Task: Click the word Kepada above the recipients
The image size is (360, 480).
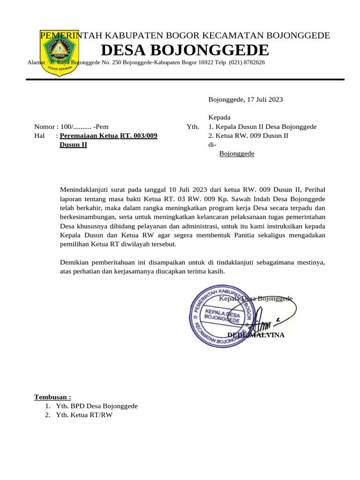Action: tap(219, 117)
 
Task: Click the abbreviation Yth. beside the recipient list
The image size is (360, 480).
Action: tap(193, 127)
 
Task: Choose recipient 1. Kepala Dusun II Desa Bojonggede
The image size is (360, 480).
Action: tap(262, 127)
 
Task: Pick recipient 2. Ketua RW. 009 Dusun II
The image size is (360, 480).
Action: tap(248, 136)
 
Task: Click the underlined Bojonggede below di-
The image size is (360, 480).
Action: tap(237, 154)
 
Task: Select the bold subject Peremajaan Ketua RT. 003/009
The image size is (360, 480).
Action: tap(109, 136)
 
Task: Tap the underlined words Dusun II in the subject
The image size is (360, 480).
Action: tap(73, 145)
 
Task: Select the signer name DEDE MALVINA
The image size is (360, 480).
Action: tap(255, 335)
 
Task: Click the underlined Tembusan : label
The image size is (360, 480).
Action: tap(52, 397)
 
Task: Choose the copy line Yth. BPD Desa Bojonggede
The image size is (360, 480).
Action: tap(97, 406)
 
